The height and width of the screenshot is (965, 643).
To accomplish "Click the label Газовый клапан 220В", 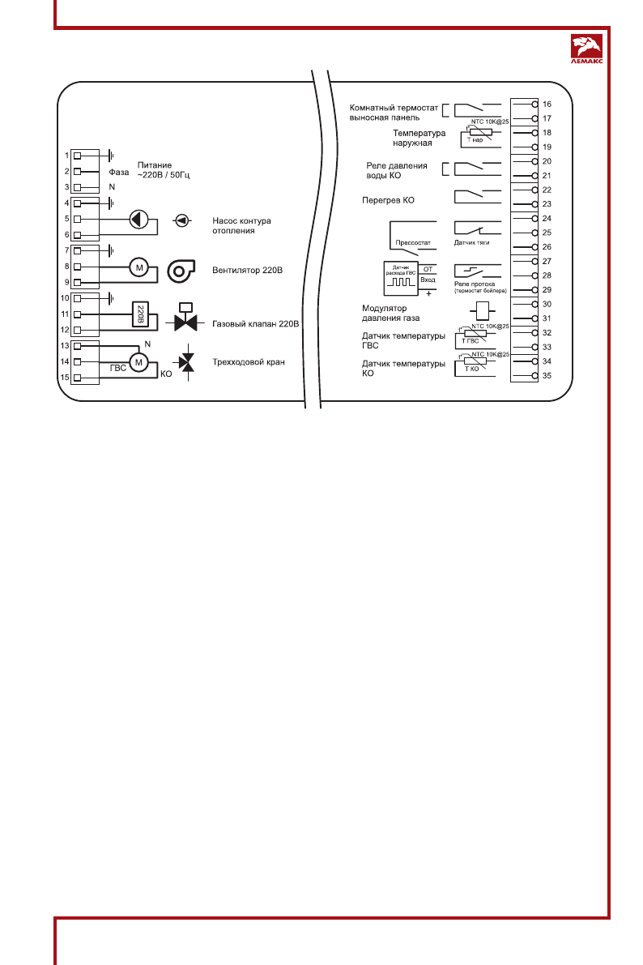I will pos(257,323).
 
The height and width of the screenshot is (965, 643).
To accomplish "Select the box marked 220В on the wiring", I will pos(139,314).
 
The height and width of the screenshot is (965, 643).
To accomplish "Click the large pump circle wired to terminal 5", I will pos(139,220).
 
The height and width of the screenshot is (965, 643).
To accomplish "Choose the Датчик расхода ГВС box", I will pos(402,277).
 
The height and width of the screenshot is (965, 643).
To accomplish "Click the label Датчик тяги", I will pos(471,242).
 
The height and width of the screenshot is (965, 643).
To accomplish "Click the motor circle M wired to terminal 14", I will pos(138,362).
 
